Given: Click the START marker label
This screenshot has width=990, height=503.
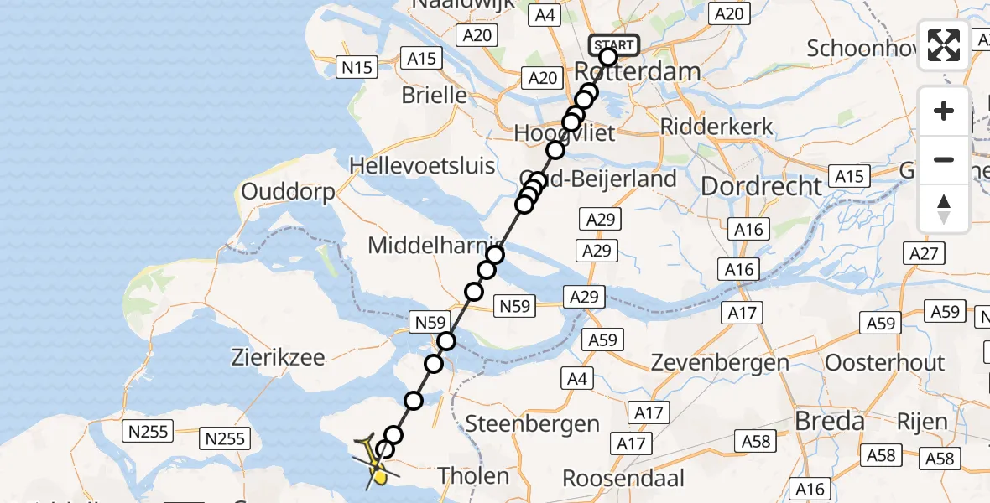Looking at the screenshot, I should tap(615, 44).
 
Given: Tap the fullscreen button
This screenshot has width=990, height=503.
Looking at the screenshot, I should tap(944, 45).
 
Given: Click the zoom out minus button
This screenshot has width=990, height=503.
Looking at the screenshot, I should tap(944, 159).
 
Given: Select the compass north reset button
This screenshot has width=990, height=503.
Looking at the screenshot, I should tap(944, 209).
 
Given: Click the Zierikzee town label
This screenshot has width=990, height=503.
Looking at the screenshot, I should tap(279, 358).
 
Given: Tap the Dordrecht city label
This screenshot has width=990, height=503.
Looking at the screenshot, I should tap(761, 186).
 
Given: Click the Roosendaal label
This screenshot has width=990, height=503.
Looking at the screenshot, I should tap(623, 479).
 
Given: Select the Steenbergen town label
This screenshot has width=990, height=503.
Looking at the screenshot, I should tap(532, 423).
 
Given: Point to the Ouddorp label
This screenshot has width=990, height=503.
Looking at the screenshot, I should tap(288, 191).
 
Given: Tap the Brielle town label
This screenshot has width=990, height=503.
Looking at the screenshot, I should tap(434, 95).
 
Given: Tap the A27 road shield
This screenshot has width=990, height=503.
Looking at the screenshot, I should tap(925, 252).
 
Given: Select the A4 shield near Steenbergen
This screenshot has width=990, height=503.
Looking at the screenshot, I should tap(577, 378).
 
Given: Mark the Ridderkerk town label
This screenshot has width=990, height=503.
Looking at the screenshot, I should tap(716, 127).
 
